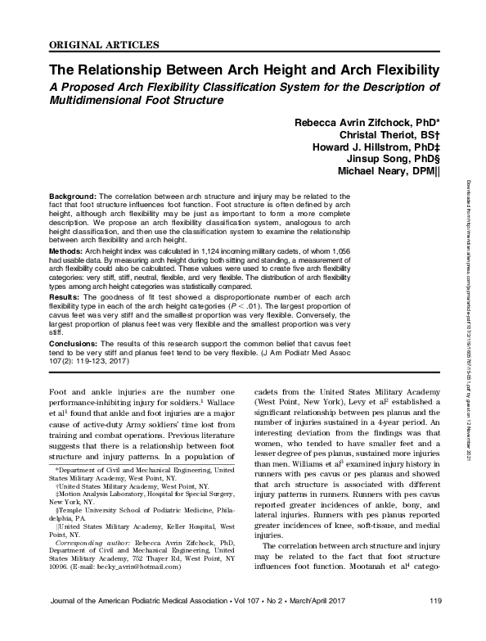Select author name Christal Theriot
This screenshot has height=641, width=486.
click(389, 135)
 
